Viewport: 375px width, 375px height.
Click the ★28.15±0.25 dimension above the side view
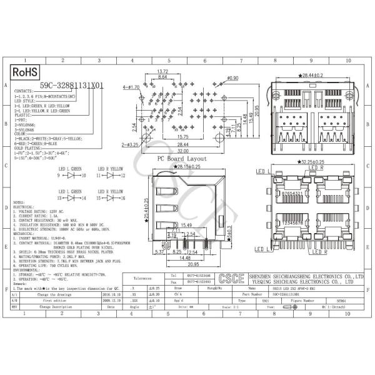click(x=182, y=167)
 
